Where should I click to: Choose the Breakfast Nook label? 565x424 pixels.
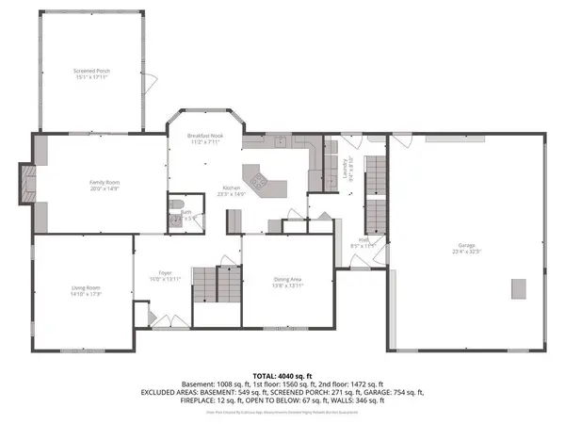point(204,138)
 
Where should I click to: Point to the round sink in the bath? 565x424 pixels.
point(175,223)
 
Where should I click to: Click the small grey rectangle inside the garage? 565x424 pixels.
point(517,287)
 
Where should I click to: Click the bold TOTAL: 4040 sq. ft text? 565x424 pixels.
point(282,375)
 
